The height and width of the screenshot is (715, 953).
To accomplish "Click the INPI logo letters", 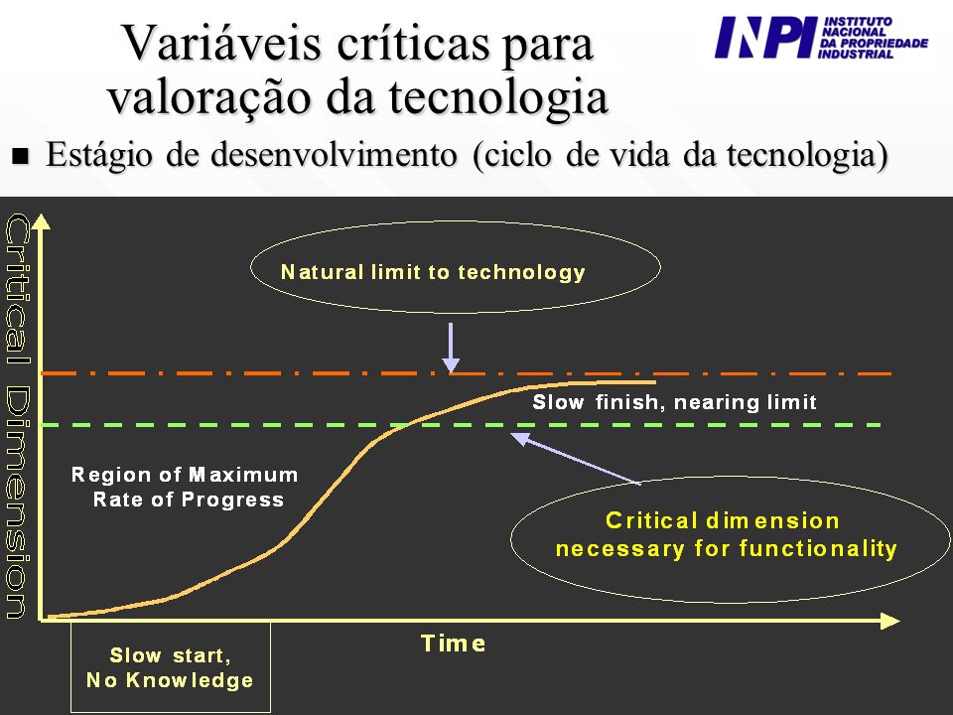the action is click(765, 37).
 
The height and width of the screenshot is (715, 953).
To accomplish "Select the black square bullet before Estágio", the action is click(20, 156).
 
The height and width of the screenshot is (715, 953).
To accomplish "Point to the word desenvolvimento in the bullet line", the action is click(334, 154).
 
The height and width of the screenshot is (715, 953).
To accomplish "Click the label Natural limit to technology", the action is click(433, 272).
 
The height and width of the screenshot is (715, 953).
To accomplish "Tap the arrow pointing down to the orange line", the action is click(451, 348).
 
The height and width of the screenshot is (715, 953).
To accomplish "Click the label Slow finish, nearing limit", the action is click(675, 402).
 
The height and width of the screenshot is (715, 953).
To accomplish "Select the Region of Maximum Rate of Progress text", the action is click(185, 487).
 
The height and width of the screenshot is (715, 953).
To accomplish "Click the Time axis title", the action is click(454, 643).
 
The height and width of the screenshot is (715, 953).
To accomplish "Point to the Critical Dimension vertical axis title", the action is click(17, 416).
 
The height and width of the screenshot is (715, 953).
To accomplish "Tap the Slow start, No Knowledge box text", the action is click(170, 667).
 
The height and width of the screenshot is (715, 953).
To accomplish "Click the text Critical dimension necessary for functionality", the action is click(727, 534).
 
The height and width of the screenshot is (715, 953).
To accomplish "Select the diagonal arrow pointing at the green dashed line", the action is click(576, 458).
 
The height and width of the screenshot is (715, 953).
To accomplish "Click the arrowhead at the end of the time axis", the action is click(890, 621).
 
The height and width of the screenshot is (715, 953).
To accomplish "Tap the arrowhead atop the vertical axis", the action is click(41, 221).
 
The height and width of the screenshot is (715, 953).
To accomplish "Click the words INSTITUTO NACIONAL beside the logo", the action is click(857, 26).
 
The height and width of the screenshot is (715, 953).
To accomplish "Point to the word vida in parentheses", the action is click(638, 154).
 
